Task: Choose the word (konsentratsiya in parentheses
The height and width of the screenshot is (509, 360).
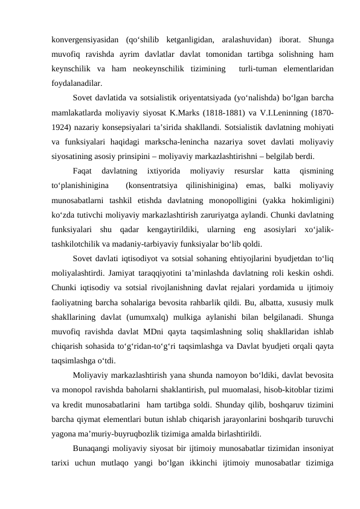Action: tap(148, 186)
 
